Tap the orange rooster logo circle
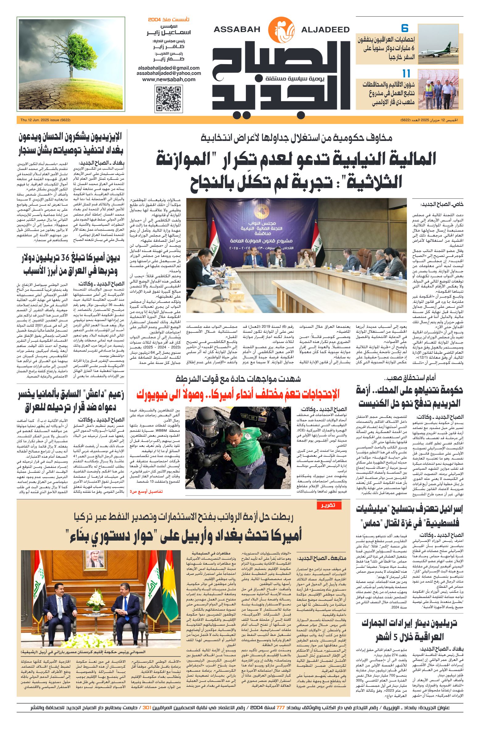[281, 30]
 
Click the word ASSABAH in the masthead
[237, 30]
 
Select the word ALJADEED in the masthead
[325, 30]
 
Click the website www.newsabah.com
[169, 79]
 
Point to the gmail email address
[169, 68]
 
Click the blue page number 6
[405, 28]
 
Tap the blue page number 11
[406, 73]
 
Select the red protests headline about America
[238, 394]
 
